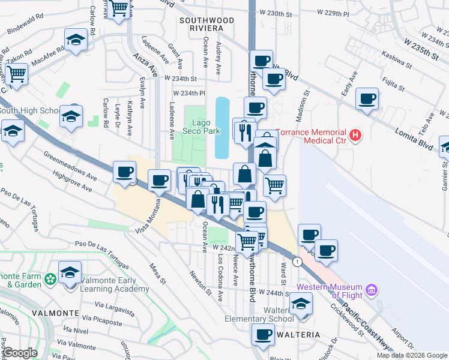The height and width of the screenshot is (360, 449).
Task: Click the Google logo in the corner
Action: pos(20,353)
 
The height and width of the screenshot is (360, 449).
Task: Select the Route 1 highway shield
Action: pos(297,262)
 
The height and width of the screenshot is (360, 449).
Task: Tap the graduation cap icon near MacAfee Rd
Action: pos(76,41)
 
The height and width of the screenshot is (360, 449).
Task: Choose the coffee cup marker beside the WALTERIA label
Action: pos(262,335)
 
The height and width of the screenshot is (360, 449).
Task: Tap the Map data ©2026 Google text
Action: pos(412,355)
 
